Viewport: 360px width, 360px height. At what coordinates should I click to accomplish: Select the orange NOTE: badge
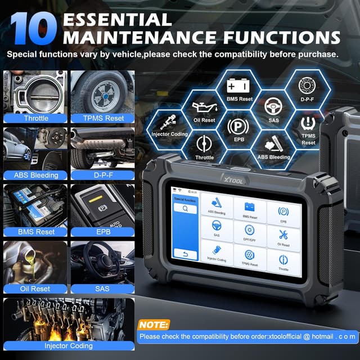[x=153, y=325]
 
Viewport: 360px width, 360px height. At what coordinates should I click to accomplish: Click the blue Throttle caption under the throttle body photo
[x=36, y=118]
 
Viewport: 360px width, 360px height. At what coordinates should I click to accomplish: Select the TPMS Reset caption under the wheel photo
[x=102, y=118]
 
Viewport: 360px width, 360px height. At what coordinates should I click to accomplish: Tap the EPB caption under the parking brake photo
[x=102, y=231]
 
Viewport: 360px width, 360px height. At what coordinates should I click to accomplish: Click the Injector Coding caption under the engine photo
[x=69, y=345]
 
